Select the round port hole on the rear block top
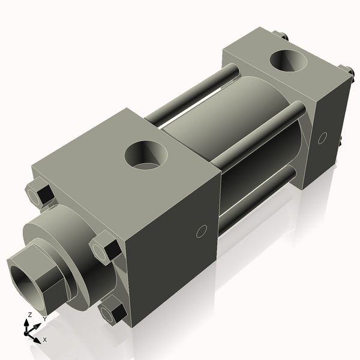(289, 61)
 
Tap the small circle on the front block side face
(202, 231)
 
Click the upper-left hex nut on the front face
(40, 194)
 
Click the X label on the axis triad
(44, 340)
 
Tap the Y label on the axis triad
(44, 319)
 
